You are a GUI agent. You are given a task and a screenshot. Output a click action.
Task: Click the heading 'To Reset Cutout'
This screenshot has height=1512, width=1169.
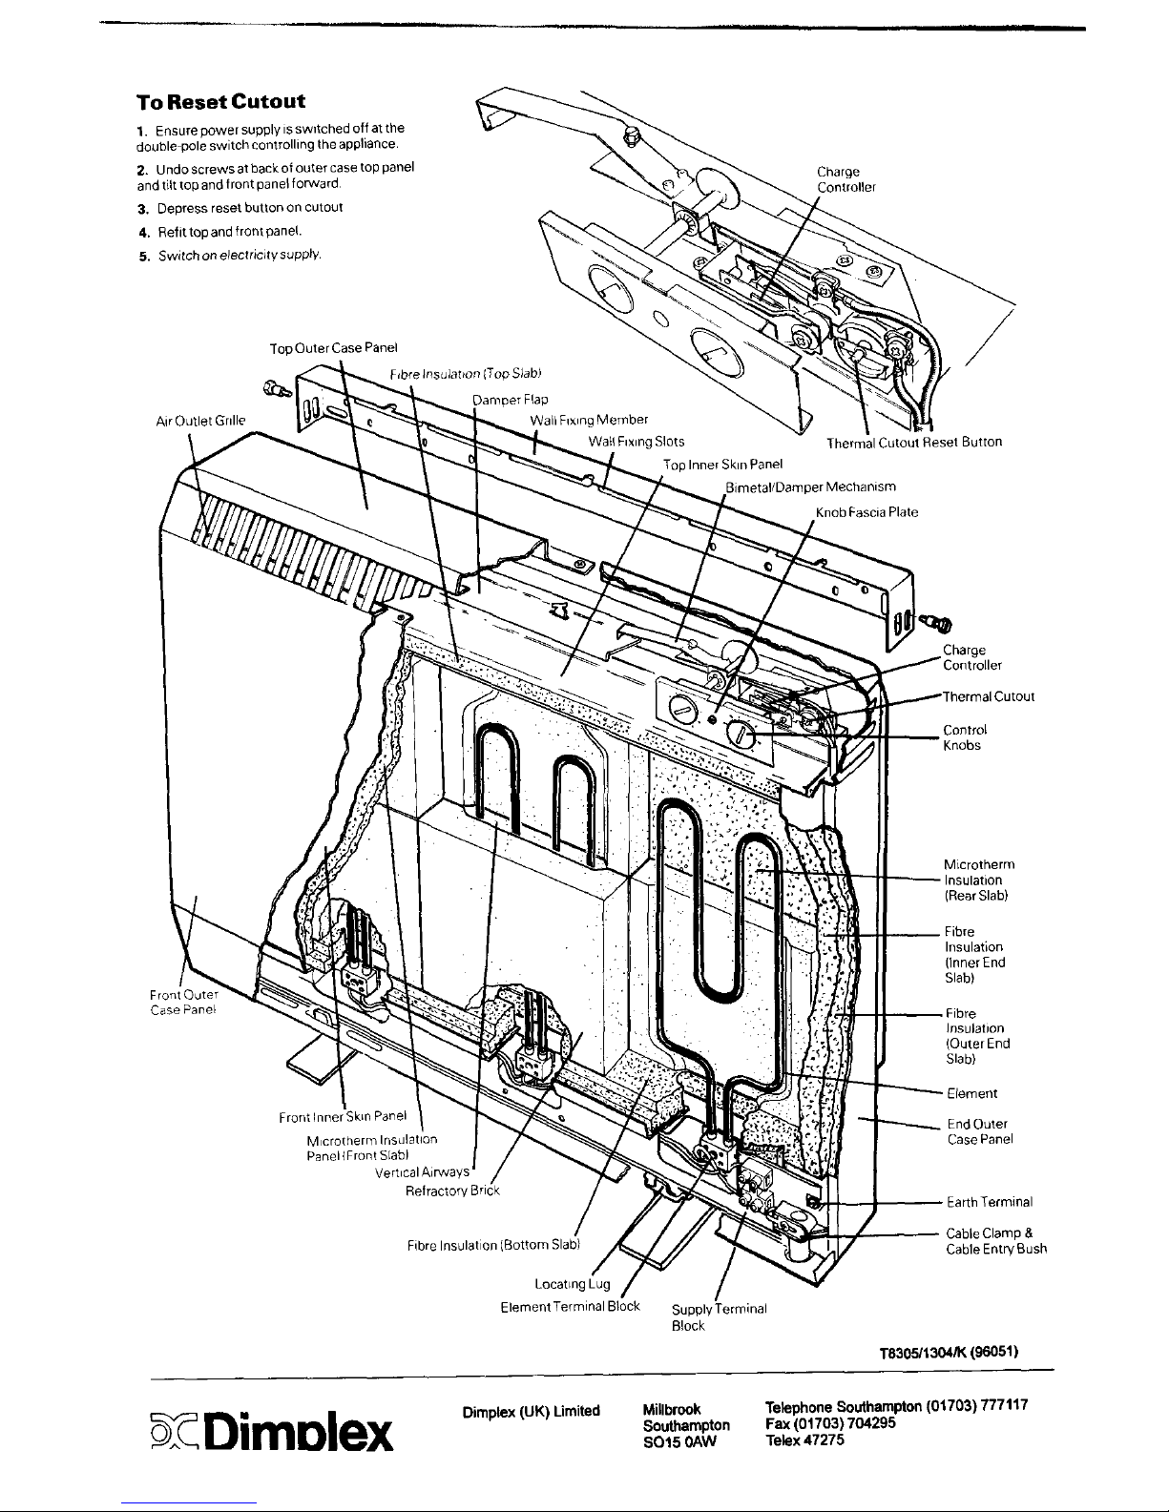coord(220,101)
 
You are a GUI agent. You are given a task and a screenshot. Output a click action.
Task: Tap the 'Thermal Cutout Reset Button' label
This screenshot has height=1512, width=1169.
coord(913,443)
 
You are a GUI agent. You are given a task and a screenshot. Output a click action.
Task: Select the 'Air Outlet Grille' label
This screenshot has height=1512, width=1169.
coord(200,420)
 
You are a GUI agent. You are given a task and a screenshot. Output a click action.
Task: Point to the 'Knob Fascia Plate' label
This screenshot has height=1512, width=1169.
coord(866,512)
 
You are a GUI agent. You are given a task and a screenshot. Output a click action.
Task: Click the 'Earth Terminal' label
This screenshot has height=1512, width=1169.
coord(990,1202)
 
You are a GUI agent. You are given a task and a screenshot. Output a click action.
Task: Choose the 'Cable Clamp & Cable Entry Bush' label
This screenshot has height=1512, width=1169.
coord(995,1241)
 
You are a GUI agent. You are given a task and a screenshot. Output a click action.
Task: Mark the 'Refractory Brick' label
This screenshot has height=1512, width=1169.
coord(452,1191)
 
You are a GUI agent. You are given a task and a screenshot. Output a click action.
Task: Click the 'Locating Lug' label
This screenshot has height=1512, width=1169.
coord(572,1284)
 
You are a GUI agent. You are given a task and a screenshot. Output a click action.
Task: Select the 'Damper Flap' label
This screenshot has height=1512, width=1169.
coord(511,399)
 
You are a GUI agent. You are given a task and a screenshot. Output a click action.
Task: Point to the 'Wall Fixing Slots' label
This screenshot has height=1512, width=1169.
coord(636,442)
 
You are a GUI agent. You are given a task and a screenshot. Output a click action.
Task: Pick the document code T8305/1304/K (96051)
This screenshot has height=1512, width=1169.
coord(950,1352)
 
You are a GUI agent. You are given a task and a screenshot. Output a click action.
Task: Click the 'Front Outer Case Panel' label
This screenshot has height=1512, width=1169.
coord(185,1004)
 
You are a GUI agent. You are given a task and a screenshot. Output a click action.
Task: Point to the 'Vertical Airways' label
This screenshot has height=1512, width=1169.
coord(423,1171)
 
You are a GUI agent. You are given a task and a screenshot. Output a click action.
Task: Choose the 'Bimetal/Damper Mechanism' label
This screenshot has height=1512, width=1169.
coord(810,487)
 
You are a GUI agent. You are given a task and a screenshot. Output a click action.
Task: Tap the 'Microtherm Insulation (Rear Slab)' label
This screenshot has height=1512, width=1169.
coord(978,880)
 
